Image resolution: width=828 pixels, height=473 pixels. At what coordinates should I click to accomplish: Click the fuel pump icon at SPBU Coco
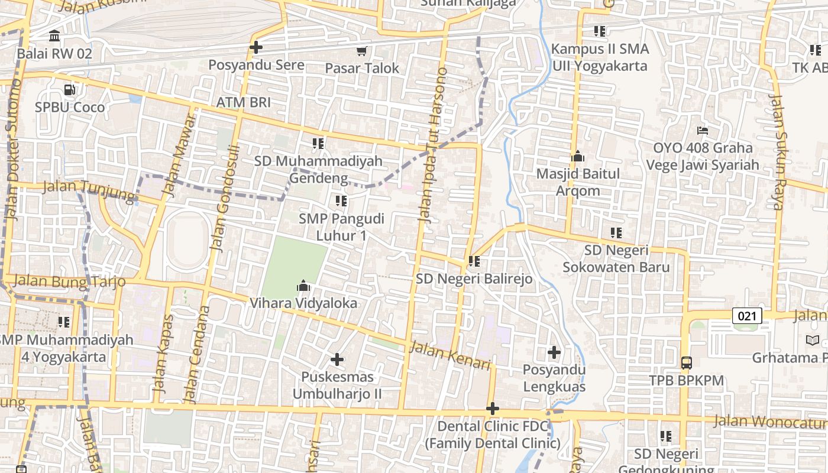(70, 90)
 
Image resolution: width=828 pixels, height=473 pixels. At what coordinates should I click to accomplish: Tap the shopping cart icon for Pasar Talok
(361, 51)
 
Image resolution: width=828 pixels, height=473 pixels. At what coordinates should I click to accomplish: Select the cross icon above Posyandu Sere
(256, 47)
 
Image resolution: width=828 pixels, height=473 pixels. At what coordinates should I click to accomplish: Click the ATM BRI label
(243, 102)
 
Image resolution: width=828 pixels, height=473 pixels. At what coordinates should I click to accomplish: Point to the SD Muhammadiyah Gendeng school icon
(318, 143)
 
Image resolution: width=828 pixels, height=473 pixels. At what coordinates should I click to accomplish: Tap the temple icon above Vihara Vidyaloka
(303, 286)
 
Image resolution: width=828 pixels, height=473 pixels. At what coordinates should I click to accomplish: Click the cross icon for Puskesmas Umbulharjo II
(337, 359)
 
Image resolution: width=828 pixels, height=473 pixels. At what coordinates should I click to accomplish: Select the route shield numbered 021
(747, 316)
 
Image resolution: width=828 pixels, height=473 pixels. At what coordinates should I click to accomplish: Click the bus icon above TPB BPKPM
(686, 363)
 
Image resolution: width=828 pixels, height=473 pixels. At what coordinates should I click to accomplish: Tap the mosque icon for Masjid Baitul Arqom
(578, 157)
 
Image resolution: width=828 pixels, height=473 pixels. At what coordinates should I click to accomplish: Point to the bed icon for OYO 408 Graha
(702, 131)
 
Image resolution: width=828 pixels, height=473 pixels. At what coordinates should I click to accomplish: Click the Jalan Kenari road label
(450, 355)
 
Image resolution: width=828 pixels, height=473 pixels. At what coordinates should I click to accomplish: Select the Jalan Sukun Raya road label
(780, 151)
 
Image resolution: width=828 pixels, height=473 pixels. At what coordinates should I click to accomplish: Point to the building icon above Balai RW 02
(55, 36)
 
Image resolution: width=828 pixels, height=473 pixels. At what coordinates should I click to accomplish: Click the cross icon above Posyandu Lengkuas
(554, 353)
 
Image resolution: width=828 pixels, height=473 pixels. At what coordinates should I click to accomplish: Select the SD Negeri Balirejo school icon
(474, 261)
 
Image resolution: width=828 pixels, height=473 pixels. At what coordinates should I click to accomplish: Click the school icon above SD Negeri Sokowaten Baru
(616, 233)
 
